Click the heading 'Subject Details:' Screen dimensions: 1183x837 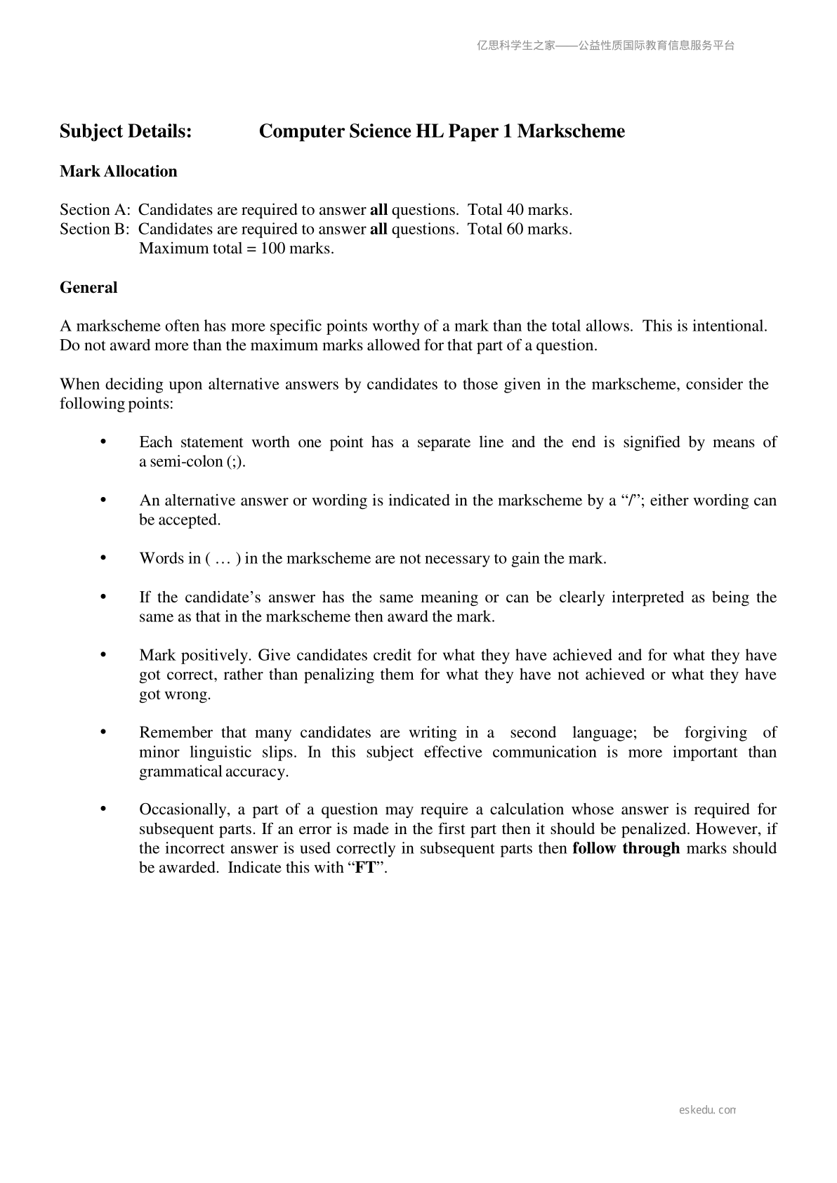pyautogui.click(x=126, y=131)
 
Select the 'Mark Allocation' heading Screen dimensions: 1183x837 pyautogui.click(x=119, y=171)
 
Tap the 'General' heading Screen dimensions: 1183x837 pyautogui.click(x=88, y=287)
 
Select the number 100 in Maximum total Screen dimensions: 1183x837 pyautogui.click(x=272, y=249)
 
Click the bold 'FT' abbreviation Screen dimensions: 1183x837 pyautogui.click(x=365, y=868)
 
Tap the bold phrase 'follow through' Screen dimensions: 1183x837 pyautogui.click(x=626, y=848)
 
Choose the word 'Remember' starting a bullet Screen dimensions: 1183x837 pyautogui.click(x=176, y=733)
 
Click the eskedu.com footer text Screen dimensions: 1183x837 pyautogui.click(x=707, y=1110)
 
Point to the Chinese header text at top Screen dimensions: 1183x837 pyautogui.click(x=605, y=46)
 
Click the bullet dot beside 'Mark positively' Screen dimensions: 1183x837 pyautogui.click(x=103, y=655)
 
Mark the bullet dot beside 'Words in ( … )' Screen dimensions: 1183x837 pyautogui.click(x=103, y=558)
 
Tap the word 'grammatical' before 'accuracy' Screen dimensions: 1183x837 pyautogui.click(x=180, y=772)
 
